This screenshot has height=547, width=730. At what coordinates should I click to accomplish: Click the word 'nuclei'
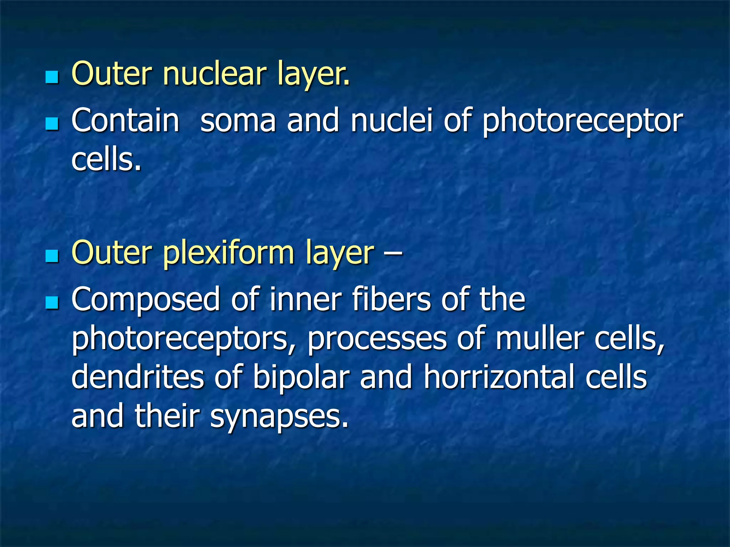click(391, 120)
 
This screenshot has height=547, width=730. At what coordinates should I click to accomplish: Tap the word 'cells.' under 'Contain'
click(106, 160)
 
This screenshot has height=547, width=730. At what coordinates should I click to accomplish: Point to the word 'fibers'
click(392, 299)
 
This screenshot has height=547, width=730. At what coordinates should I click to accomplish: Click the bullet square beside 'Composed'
click(52, 303)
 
